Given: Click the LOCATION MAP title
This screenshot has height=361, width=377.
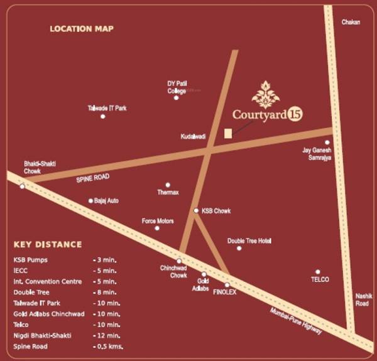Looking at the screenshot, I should (x=82, y=29).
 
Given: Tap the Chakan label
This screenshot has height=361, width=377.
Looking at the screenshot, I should (x=350, y=22).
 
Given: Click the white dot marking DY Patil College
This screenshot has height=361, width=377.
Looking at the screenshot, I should (x=176, y=97).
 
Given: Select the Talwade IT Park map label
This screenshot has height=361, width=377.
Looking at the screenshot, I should (x=107, y=108).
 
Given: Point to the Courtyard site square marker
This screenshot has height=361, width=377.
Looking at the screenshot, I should (x=228, y=132).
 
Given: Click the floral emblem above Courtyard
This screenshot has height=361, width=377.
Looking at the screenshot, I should (x=263, y=94).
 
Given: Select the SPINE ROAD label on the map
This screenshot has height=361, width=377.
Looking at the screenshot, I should (x=93, y=178).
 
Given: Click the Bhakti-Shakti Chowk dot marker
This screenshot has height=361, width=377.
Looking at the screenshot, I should (x=23, y=186).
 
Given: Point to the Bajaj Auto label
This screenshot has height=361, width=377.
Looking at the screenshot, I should (x=106, y=201).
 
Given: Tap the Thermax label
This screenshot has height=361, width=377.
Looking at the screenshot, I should (x=168, y=192).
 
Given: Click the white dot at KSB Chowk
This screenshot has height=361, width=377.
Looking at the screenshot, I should (x=196, y=211).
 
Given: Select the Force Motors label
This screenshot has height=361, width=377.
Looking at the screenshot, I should (x=158, y=221).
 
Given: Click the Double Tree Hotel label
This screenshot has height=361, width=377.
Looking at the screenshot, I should (x=249, y=240).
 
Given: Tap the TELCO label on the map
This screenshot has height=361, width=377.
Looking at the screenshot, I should (x=320, y=279).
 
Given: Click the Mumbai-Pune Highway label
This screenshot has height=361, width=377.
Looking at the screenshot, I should (x=296, y=320).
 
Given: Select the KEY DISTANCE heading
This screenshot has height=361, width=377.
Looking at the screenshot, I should (x=48, y=244).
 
